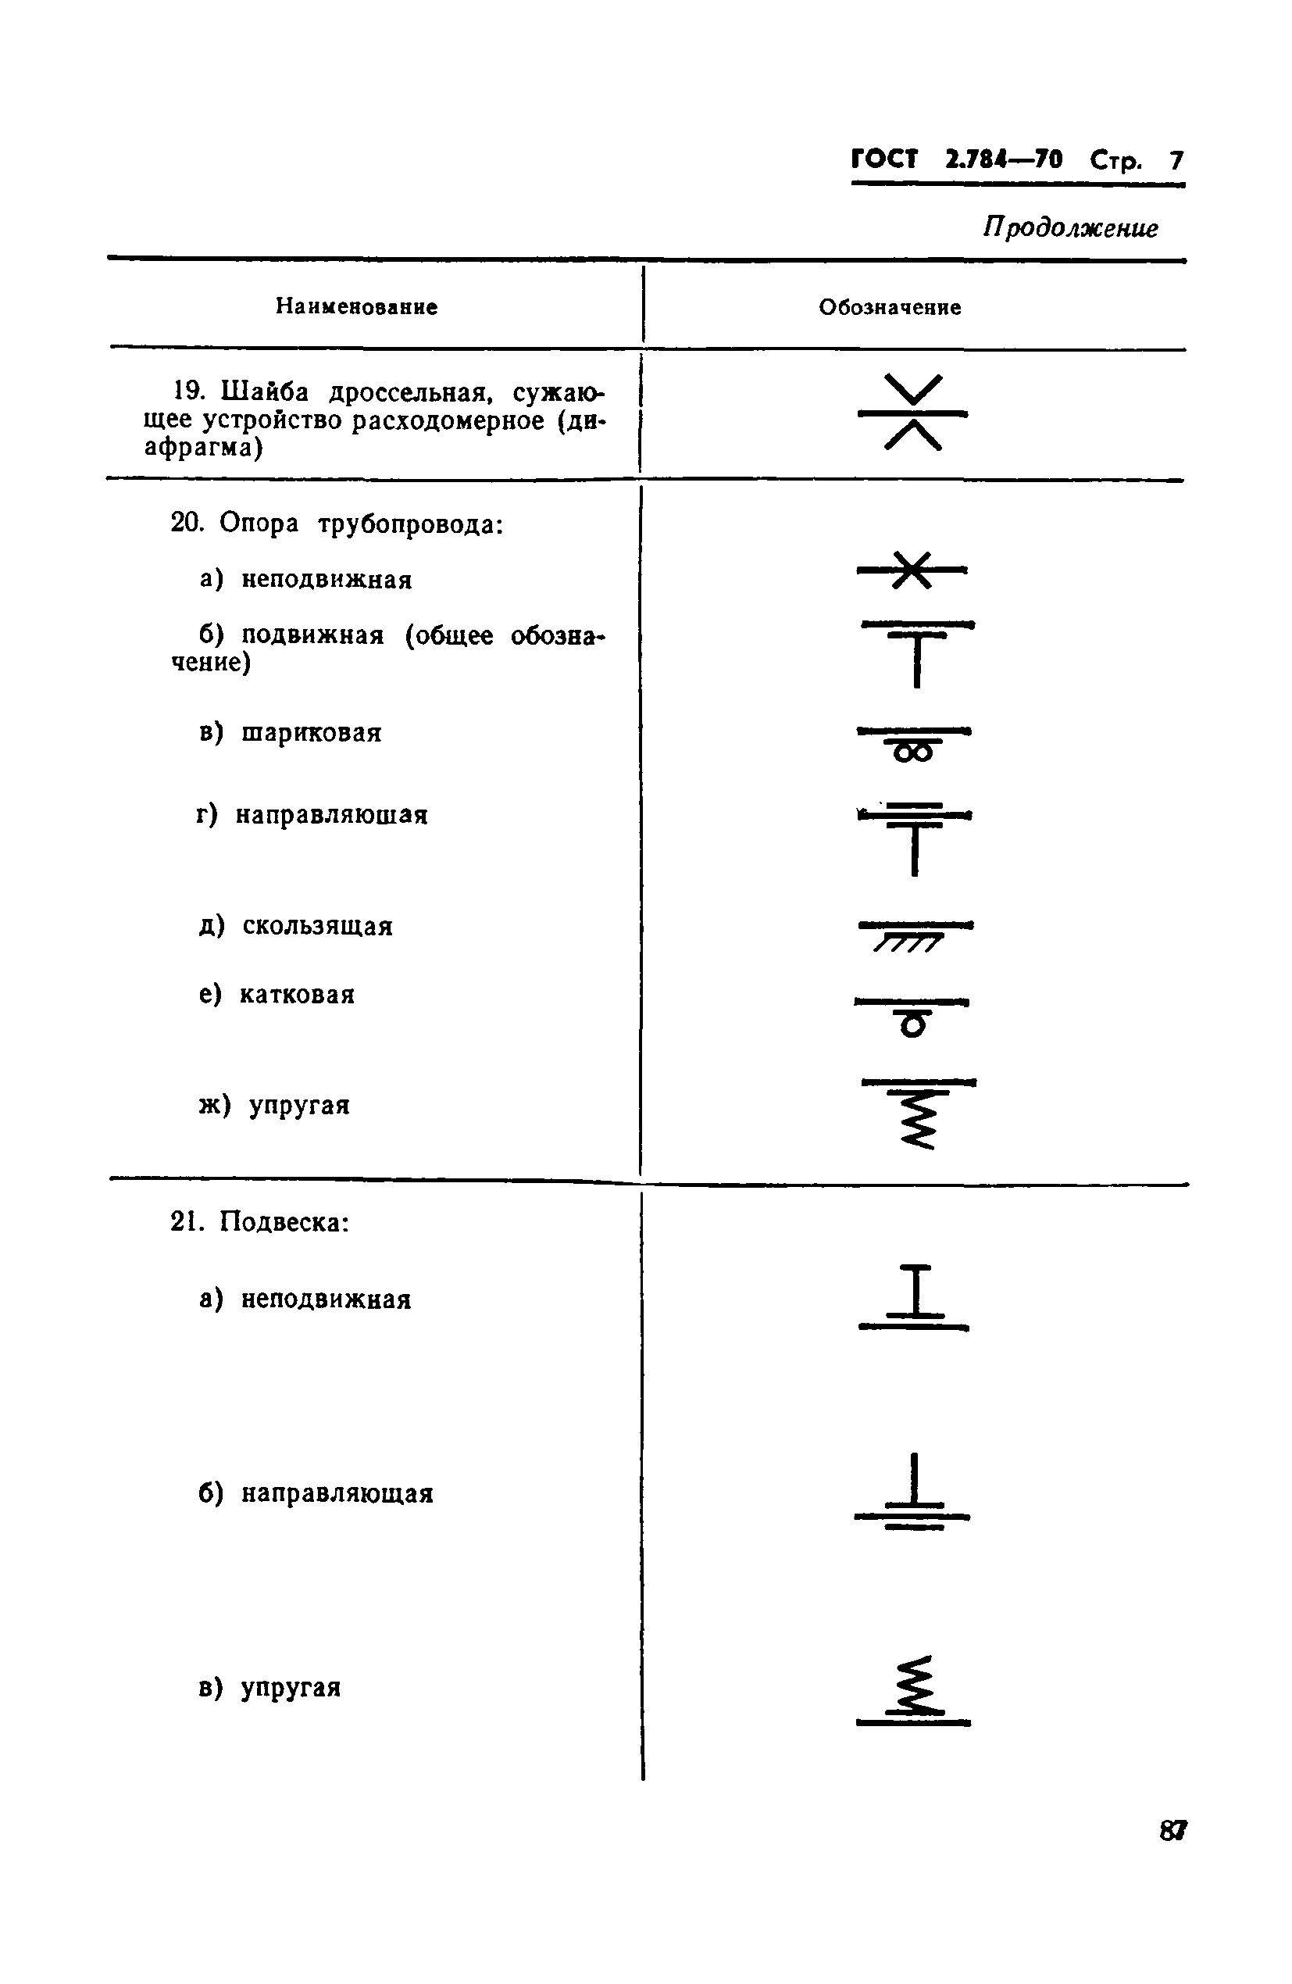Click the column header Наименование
[x=356, y=307]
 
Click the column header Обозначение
[x=890, y=308]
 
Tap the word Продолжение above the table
[x=1069, y=227]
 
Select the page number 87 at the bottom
[x=1172, y=1831]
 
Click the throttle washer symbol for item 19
[x=912, y=413]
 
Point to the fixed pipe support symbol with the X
[x=912, y=570]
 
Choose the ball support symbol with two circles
[x=914, y=744]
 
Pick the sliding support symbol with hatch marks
[x=914, y=935]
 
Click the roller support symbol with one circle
[x=912, y=1014]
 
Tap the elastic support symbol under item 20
[x=918, y=1114]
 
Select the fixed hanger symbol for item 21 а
[x=915, y=1297]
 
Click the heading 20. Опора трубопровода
[x=337, y=524]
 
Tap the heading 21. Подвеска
[x=259, y=1222]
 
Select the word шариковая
[x=311, y=733]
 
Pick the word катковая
[x=297, y=995]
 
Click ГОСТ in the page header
[x=883, y=159]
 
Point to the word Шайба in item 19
[x=265, y=391]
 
